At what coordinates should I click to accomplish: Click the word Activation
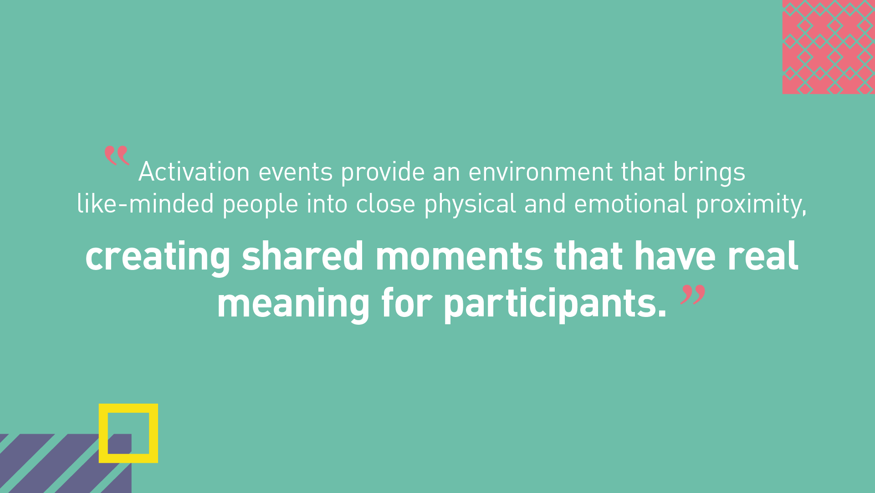194,171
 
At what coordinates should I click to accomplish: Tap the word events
296,172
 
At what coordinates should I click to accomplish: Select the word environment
541,172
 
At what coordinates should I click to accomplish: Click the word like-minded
145,203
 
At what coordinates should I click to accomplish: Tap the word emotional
630,203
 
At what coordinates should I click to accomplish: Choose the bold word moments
459,257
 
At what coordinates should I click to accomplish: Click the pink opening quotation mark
117,156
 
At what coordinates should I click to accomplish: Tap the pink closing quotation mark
693,295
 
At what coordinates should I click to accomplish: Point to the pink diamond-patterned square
829,47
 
